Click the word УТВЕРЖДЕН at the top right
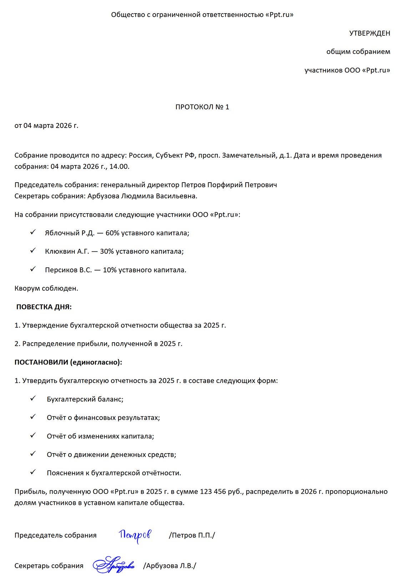point(370,33)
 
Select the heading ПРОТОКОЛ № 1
point(202,107)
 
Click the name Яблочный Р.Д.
point(70,233)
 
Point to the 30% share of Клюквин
point(107,251)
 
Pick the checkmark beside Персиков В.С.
point(33,269)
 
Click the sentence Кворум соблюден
point(46,288)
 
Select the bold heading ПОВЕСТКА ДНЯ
point(44,307)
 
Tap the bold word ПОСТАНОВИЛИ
point(41,362)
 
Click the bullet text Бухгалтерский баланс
point(85,399)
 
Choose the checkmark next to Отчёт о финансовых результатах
point(33,417)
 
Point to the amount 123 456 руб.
point(221,492)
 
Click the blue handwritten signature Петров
point(135,535)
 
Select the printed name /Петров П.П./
point(192,536)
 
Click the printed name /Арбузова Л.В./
point(170,566)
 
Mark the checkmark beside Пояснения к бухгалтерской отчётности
point(33,472)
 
